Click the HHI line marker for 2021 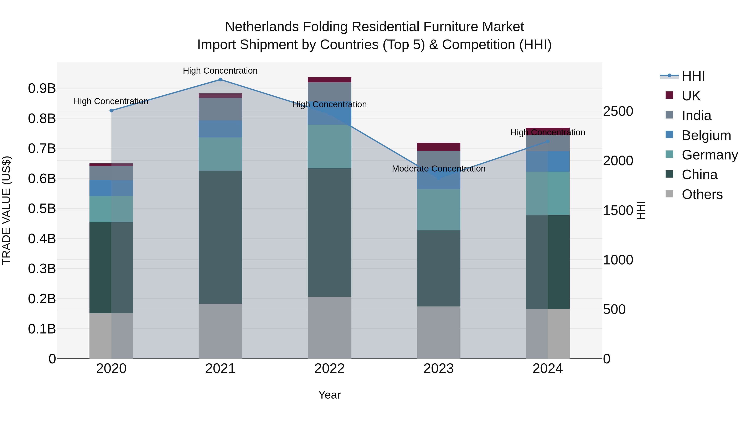tap(220, 80)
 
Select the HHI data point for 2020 tap(111, 111)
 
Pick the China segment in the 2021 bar tap(220, 237)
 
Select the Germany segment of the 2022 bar tap(329, 146)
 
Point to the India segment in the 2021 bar tap(220, 109)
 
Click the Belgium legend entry tap(706, 135)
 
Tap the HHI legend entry tap(693, 76)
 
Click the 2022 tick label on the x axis tap(329, 369)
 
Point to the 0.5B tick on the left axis tap(42, 209)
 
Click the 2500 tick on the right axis tap(618, 111)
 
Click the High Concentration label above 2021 tap(220, 71)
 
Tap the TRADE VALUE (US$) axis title tap(6, 210)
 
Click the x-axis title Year tap(329, 395)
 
